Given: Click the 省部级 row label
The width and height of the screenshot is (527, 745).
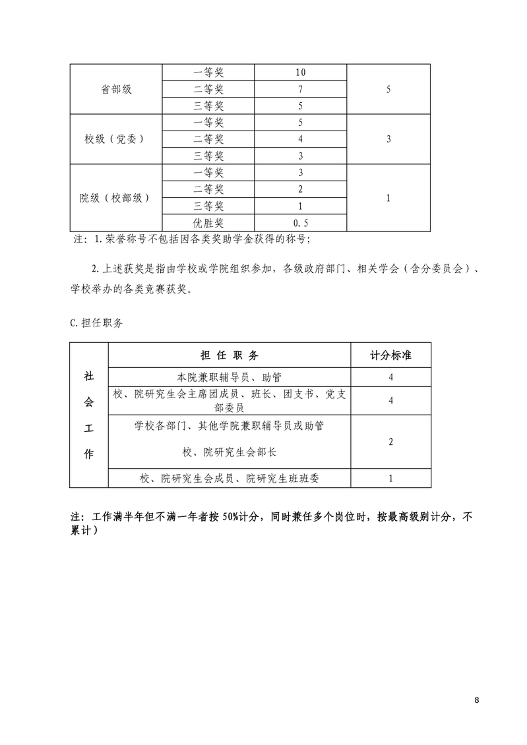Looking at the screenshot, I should click(x=116, y=89).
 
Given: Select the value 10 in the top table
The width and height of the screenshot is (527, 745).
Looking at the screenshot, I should click(x=300, y=73).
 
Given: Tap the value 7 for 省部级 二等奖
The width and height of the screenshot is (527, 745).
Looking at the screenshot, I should click(x=300, y=89).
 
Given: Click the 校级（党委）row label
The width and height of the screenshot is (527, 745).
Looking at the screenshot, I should click(x=114, y=139).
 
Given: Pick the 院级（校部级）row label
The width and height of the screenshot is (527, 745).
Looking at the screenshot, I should click(x=115, y=198).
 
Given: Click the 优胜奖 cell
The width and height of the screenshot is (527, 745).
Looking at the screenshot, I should click(x=208, y=223).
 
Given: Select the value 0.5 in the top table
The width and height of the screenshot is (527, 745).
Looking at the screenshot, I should click(x=300, y=223).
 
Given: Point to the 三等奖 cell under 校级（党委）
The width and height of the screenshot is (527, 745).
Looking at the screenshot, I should click(x=208, y=156).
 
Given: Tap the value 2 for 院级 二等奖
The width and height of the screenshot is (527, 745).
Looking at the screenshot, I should click(x=300, y=189).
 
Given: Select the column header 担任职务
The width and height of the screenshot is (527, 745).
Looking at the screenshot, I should click(x=229, y=355).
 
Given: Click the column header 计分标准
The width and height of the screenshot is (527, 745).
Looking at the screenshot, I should click(x=390, y=355).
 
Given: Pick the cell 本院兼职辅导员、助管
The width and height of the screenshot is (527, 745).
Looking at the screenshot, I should click(x=229, y=377).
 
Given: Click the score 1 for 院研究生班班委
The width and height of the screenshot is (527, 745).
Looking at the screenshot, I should click(x=390, y=478).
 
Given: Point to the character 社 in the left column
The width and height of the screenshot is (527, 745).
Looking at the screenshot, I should click(x=88, y=375).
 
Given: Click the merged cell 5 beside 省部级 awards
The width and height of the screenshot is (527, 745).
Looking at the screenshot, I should click(x=388, y=89).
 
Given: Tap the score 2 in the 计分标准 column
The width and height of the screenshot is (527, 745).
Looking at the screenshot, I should click(x=390, y=441).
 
